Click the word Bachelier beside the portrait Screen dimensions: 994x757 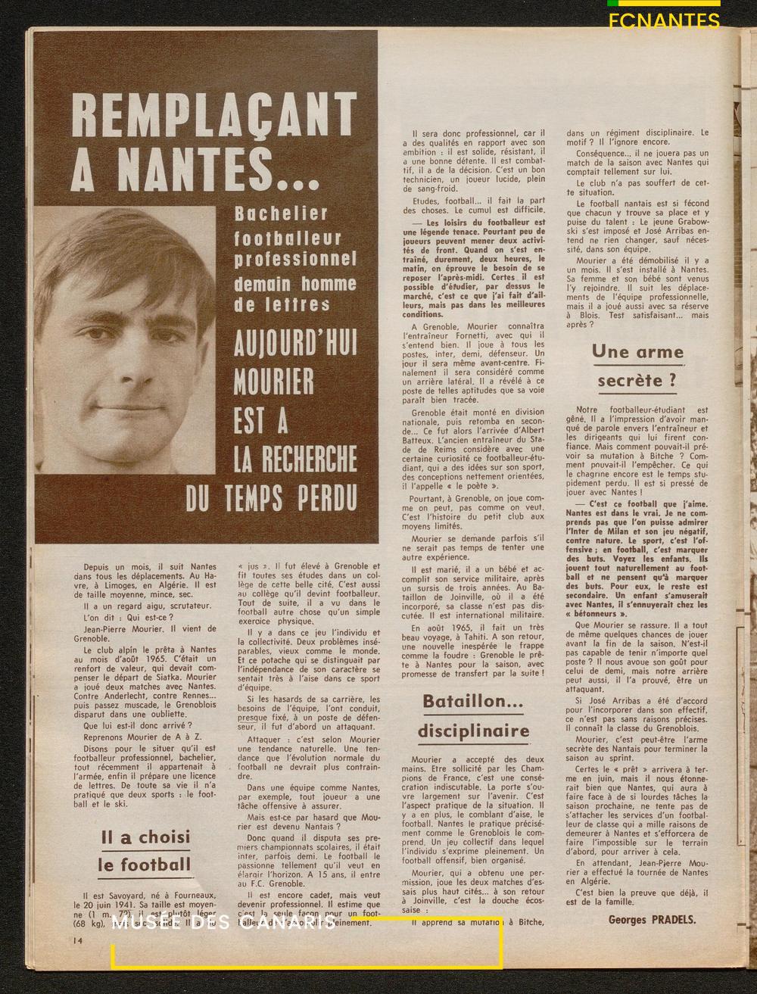coord(281,213)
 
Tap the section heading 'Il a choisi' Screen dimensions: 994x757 coord(145,837)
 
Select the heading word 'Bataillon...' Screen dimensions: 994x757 coord(472,701)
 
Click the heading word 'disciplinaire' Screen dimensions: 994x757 coord(473,731)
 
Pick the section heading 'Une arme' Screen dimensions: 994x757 coord(637,351)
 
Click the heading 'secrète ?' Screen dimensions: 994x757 coord(637,380)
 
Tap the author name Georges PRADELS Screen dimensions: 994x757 coord(651,920)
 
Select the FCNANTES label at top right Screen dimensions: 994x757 coord(664,20)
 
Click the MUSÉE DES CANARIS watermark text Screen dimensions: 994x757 coord(227,924)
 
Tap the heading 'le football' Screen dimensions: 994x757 coord(145,865)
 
